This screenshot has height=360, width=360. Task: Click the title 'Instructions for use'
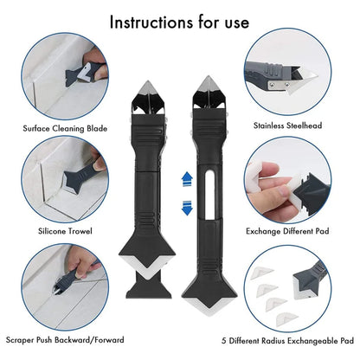coord(179,22)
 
